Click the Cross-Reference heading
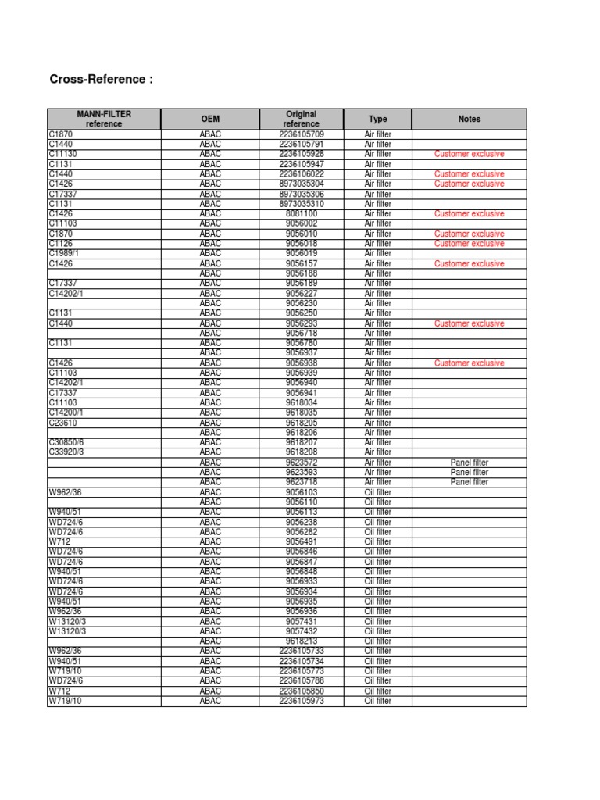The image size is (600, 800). pos(102,79)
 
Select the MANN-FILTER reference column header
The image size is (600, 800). pos(104,119)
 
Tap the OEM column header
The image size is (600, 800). pos(210,119)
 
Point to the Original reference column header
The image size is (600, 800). pos(301,119)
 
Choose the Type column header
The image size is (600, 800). pos(377,119)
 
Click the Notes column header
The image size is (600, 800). pos(470,119)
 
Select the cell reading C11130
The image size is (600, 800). pos(64,155)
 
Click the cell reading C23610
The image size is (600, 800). pos(63,423)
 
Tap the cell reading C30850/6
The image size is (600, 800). pos(66,442)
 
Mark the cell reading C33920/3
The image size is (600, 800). pos(66,452)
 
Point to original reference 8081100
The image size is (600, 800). pos(302,213)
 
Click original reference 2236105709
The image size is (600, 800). pos(302,134)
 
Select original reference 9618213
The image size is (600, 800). pos(302,641)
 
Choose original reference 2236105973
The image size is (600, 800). pos(302,701)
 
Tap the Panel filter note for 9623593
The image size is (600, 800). pos(470,472)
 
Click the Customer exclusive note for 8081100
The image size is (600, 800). pos(470,213)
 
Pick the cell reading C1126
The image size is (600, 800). pos(61,244)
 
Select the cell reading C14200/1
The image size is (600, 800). pos(66,412)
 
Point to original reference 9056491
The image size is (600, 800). pos(302,541)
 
